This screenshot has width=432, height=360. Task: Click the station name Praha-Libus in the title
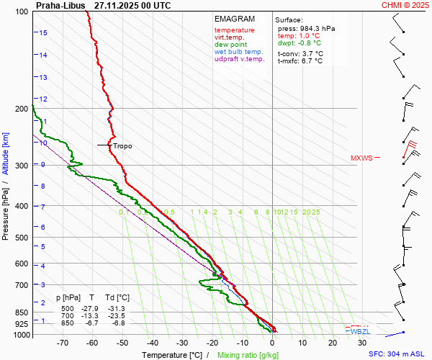(x=60, y=5)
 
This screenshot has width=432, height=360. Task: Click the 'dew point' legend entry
(x=230, y=45)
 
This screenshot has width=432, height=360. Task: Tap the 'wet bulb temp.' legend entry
(x=238, y=53)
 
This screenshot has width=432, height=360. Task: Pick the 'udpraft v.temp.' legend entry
(x=239, y=60)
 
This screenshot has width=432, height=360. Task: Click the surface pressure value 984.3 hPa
(x=316, y=28)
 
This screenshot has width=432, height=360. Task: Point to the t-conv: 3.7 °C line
(x=300, y=53)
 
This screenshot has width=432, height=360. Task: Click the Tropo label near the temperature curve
(x=122, y=145)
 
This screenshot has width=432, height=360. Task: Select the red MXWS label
(x=361, y=158)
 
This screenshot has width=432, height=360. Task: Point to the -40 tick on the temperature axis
(x=153, y=344)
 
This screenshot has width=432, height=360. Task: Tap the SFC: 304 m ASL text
(x=398, y=354)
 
